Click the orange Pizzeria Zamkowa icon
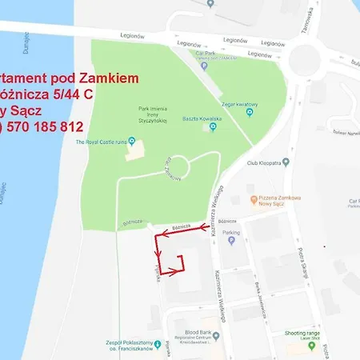point(254,198)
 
